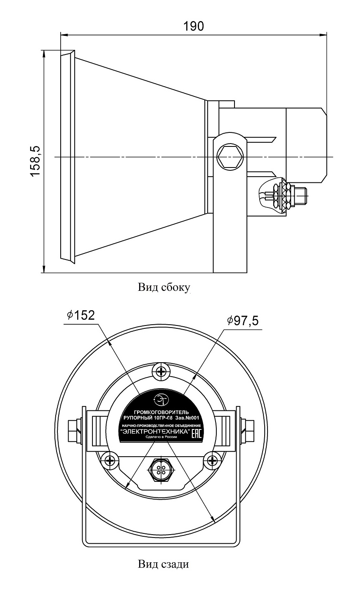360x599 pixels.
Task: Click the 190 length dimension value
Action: (193, 26)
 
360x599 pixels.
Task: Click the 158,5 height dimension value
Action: (35, 161)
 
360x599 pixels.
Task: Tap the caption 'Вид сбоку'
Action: (164, 288)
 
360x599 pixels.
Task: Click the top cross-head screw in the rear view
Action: (161, 371)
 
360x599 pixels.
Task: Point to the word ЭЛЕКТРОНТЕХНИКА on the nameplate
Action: (154, 431)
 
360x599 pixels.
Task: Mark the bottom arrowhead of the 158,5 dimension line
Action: (44, 269)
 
